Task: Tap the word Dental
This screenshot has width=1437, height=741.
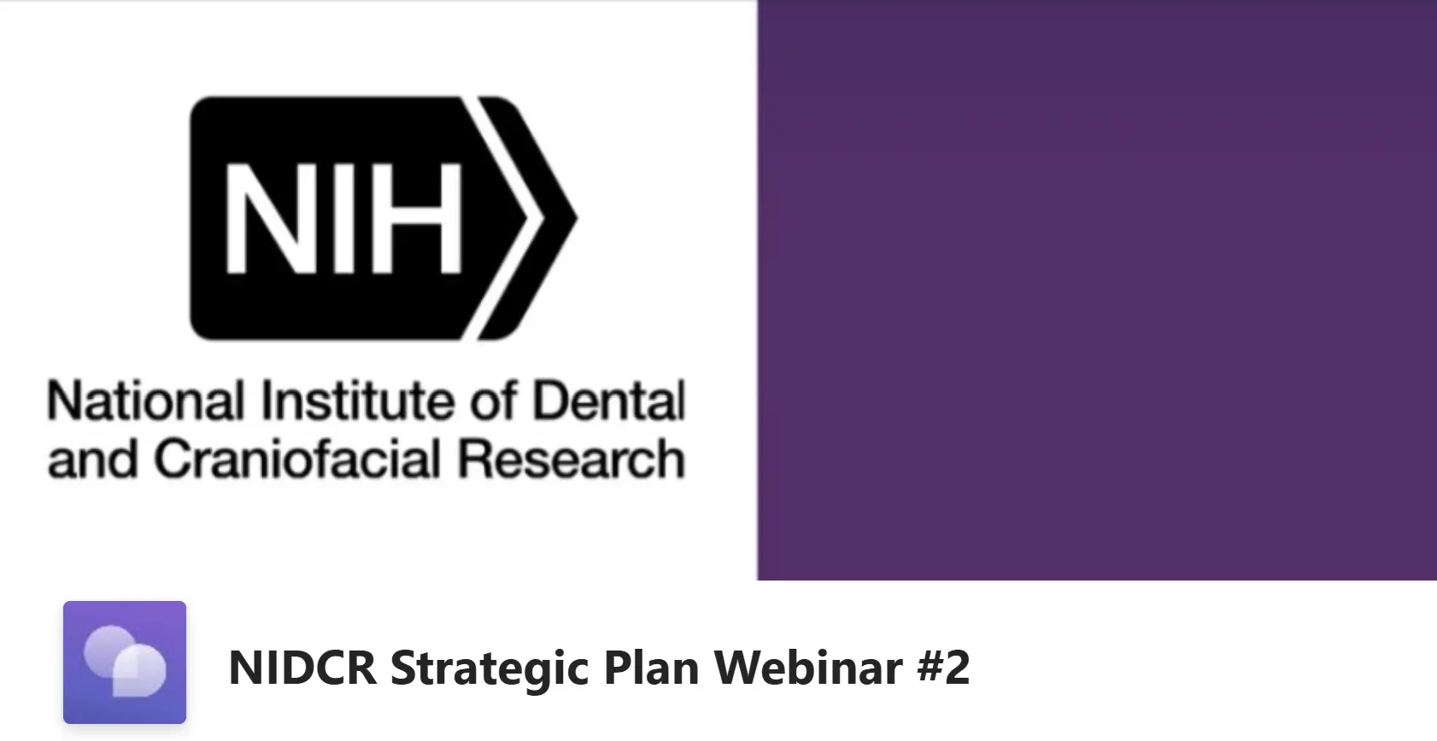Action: (609, 401)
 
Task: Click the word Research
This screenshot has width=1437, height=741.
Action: (572, 459)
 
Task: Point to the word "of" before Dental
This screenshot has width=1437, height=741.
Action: (493, 401)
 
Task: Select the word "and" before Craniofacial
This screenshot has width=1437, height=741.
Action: (92, 459)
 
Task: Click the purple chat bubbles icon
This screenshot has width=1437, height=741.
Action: (125, 662)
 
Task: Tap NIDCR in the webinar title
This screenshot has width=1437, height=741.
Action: (302, 668)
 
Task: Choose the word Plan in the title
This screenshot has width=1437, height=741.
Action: (651, 668)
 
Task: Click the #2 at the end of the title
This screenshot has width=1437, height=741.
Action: (944, 668)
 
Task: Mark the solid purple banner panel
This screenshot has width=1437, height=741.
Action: (1097, 289)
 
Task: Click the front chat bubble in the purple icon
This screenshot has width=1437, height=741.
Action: (139, 670)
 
